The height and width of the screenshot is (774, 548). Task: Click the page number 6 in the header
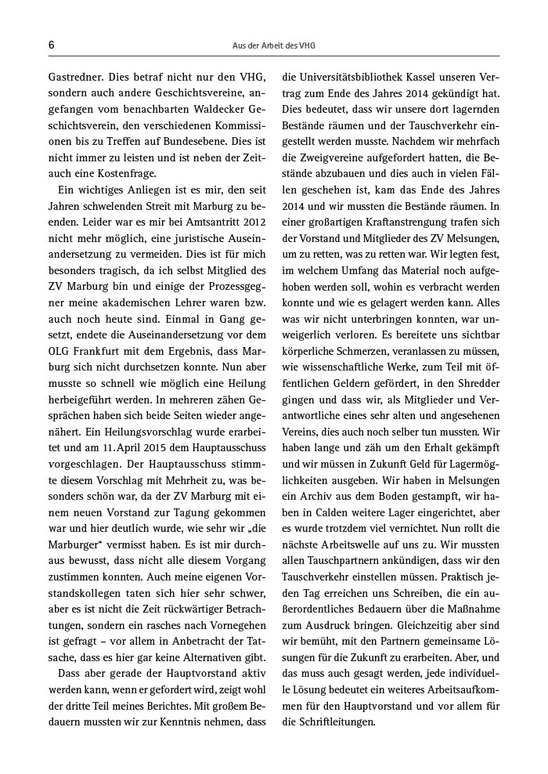coord(51,45)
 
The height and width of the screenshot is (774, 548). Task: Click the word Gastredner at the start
coord(77,77)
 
